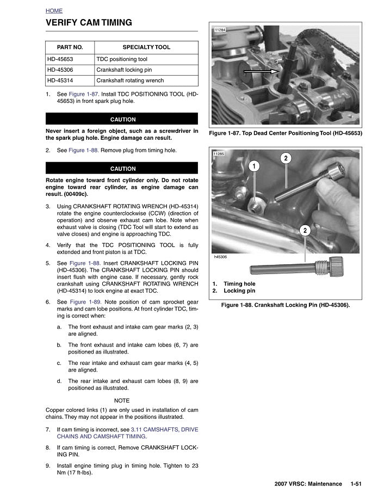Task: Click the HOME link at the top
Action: pyautogui.click(x=54, y=11)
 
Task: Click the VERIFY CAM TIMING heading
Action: pyautogui.click(x=89, y=23)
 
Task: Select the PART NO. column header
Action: pyautogui.click(x=70, y=47)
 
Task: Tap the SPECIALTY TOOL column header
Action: pyautogui.click(x=146, y=47)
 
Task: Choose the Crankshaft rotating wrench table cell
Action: pyautogui.click(x=130, y=80)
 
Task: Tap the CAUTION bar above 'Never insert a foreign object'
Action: pyautogui.click(x=122, y=119)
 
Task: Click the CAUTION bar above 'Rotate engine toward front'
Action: pyautogui.click(x=122, y=169)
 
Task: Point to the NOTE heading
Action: pyautogui.click(x=122, y=400)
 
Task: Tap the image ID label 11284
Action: pyautogui.click(x=220, y=29)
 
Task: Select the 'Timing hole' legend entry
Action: pyautogui.click(x=239, y=284)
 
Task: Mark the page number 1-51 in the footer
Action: pyautogui.click(x=357, y=483)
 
